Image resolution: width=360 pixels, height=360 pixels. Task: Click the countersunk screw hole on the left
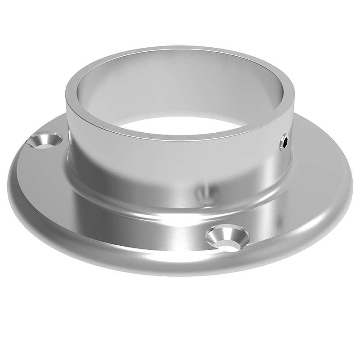tap(45, 140)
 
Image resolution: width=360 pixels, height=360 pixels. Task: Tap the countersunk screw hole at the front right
tap(227, 237)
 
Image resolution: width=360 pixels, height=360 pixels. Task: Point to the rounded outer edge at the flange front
tap(180, 270)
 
